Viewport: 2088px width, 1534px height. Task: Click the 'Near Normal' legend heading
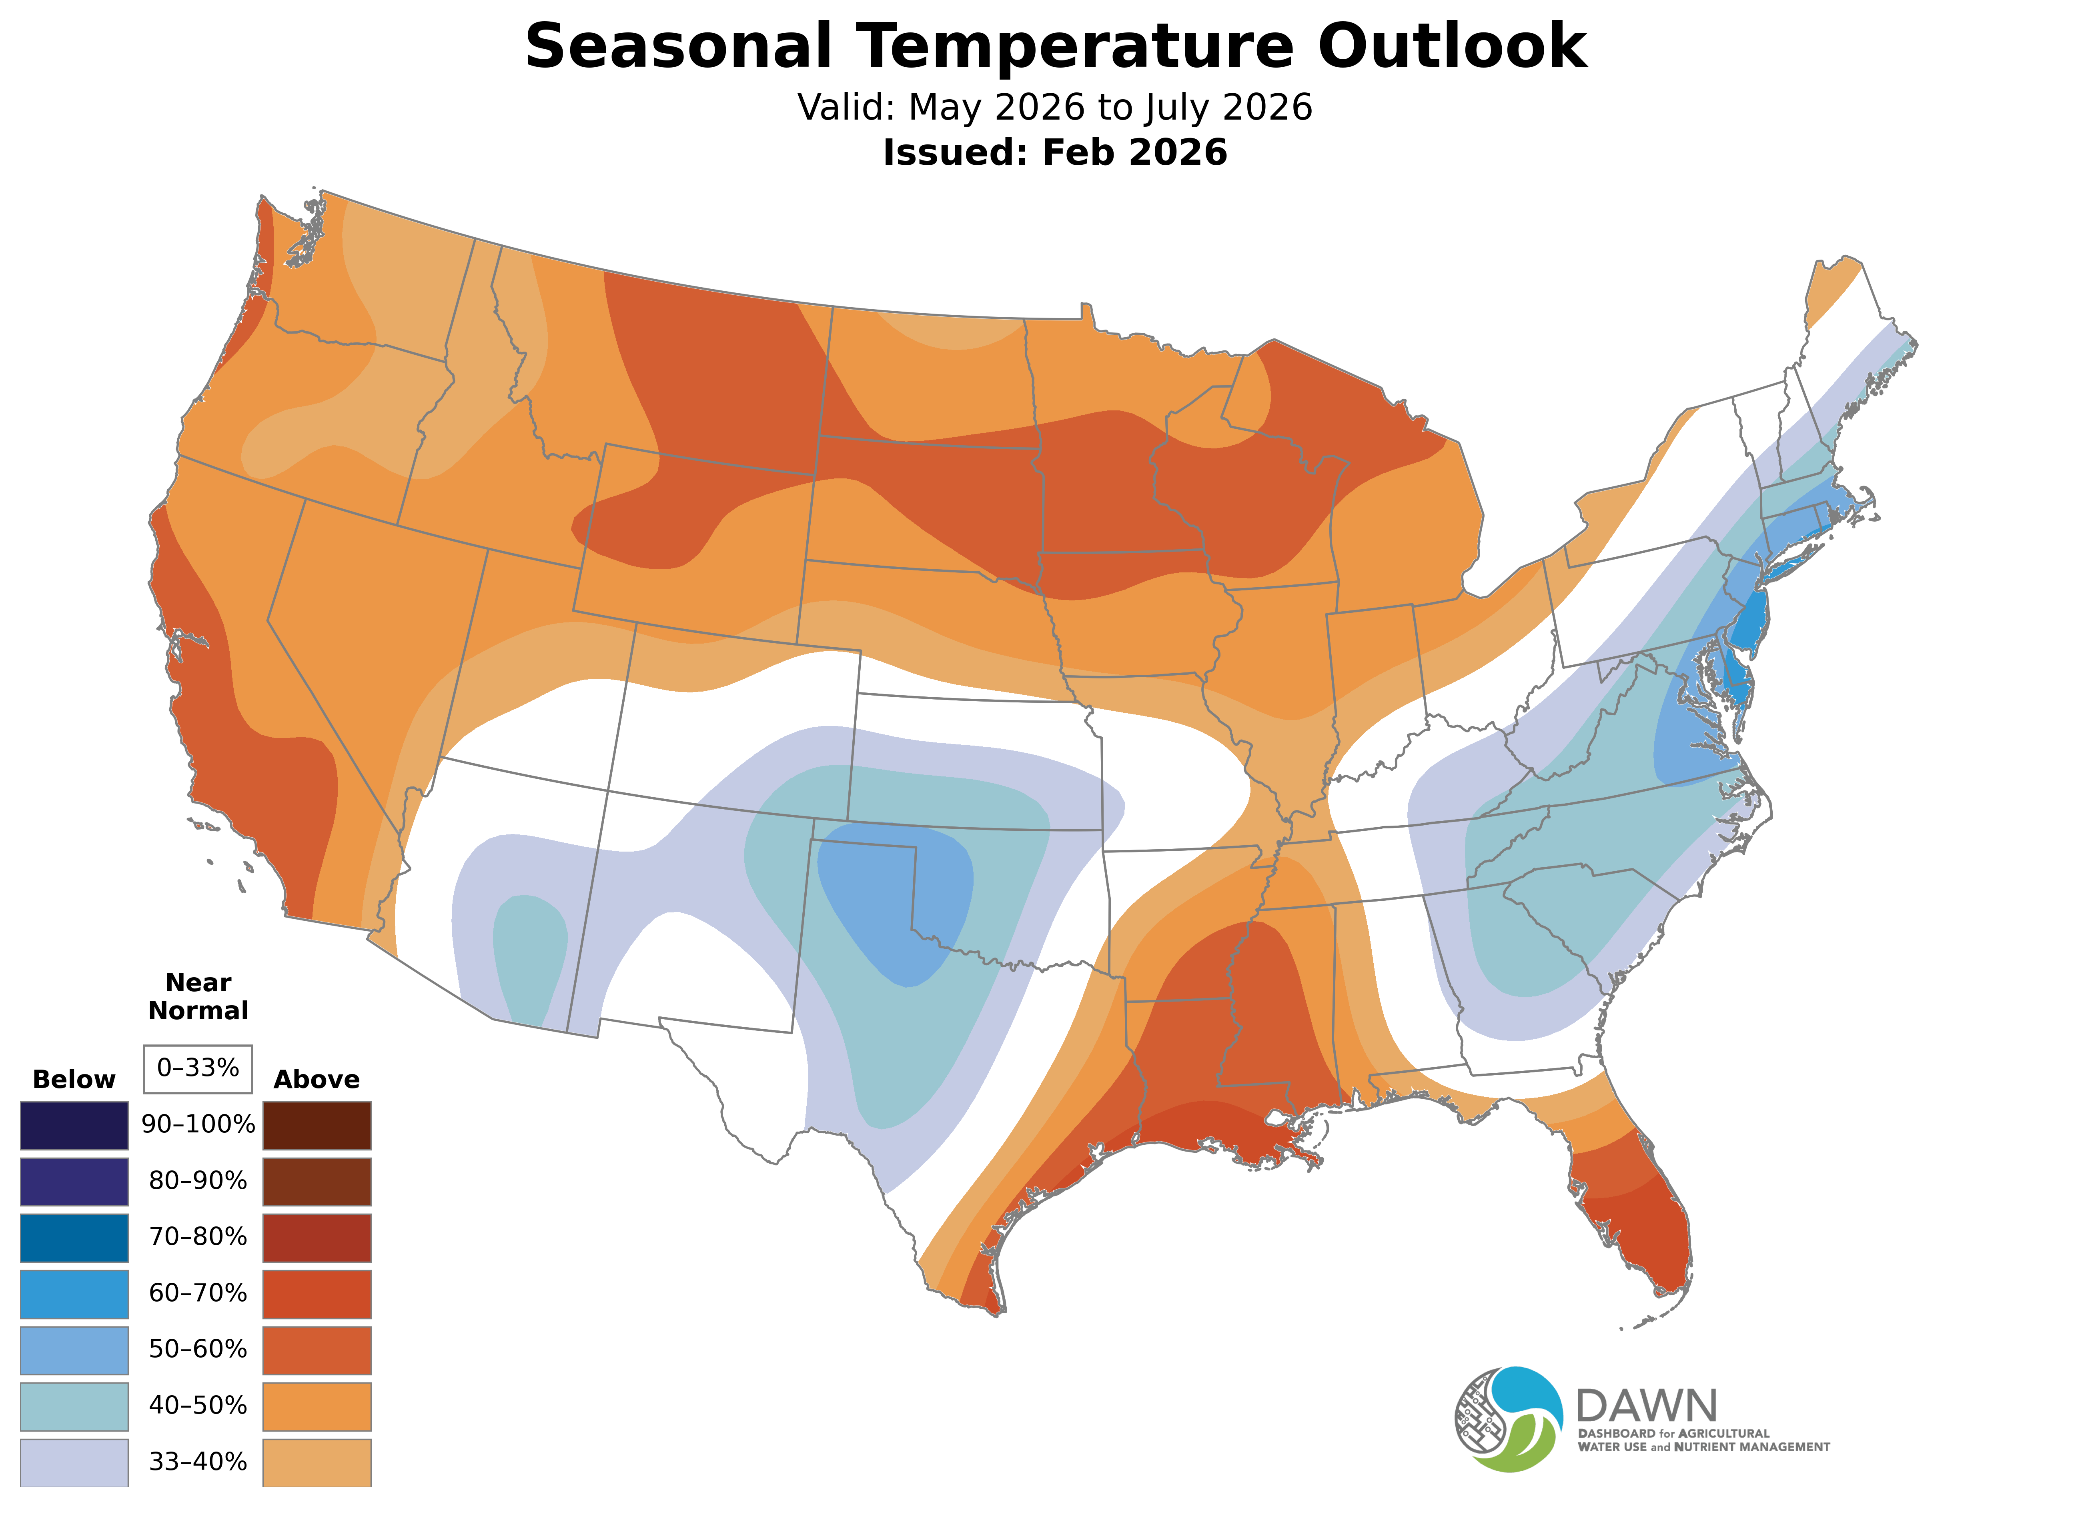(198, 996)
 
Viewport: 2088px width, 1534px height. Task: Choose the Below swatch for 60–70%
(74, 1294)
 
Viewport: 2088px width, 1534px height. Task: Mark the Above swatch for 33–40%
(317, 1462)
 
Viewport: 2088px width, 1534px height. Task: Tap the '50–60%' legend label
(198, 1349)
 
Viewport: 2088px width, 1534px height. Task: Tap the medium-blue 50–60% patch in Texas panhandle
(896, 892)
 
